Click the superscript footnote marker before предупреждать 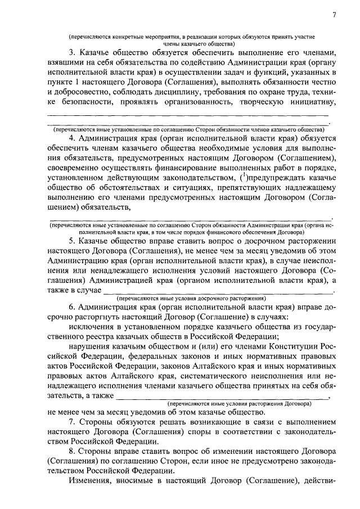pos(242,177)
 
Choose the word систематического pos(219,376)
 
